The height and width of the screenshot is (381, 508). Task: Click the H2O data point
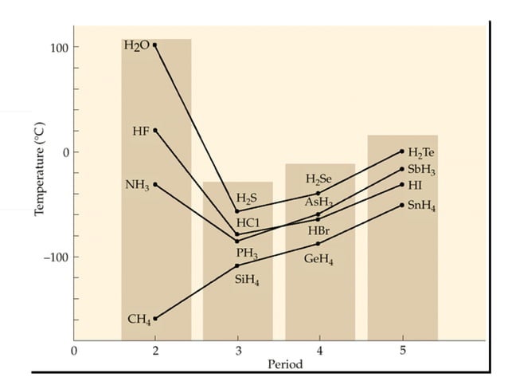pos(154,45)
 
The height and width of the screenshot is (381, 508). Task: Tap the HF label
pos(140,131)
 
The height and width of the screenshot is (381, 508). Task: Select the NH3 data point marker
pos(154,184)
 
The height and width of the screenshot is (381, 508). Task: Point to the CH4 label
pos(139,319)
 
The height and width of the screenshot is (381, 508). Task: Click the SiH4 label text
pos(247,280)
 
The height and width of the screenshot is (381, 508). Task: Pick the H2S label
pos(247,198)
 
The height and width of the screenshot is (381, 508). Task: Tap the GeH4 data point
pos(318,244)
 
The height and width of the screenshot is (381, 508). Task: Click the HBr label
pos(318,231)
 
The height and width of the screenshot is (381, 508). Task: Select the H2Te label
pos(421,152)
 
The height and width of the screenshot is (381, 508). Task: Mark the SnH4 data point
pos(402,205)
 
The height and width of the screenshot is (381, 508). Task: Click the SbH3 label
pos(421,170)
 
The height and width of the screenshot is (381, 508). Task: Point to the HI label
pos(415,185)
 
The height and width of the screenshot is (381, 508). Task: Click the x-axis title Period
pos(285,364)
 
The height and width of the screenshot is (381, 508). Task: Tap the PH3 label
pos(247,253)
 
